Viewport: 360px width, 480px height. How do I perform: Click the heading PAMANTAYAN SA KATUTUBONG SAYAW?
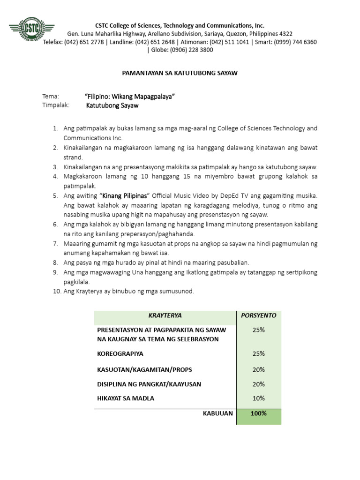[180, 74]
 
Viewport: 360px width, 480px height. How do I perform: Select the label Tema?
[51, 97]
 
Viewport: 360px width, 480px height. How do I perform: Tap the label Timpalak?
[56, 105]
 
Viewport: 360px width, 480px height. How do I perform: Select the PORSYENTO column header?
[259, 315]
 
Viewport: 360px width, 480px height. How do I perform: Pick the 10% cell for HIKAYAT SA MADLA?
[259, 398]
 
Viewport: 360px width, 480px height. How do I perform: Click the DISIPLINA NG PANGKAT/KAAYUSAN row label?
[149, 384]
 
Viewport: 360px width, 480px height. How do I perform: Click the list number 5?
[55, 195]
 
